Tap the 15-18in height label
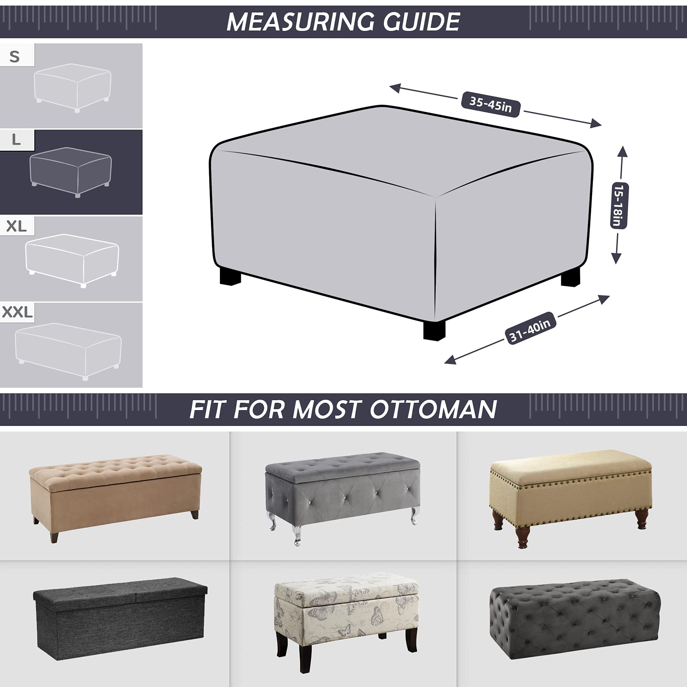click(x=619, y=205)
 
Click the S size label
click(x=15, y=56)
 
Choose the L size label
click(x=16, y=140)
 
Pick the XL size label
click(x=16, y=226)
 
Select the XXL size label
click(x=17, y=312)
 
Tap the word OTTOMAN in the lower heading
click(x=433, y=409)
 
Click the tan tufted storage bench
click(x=115, y=488)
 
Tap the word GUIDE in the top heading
click(x=422, y=21)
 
